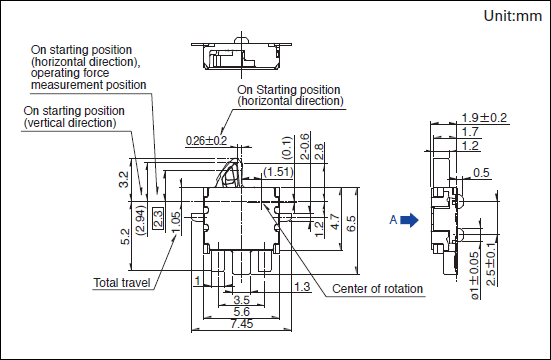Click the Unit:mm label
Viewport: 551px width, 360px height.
[x=512, y=16]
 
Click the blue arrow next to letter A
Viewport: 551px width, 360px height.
[x=409, y=220]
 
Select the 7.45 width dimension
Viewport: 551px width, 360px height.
[x=242, y=323]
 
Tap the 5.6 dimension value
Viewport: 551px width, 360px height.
[x=242, y=311]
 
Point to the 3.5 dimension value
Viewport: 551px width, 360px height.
[x=242, y=300]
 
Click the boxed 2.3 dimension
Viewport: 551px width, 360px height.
[x=158, y=218]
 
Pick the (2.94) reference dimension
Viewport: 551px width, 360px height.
[x=141, y=220]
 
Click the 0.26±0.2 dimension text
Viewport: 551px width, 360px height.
[x=206, y=141]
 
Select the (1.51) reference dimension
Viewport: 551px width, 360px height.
[x=278, y=172]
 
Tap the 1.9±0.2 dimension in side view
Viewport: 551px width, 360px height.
[x=484, y=118]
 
